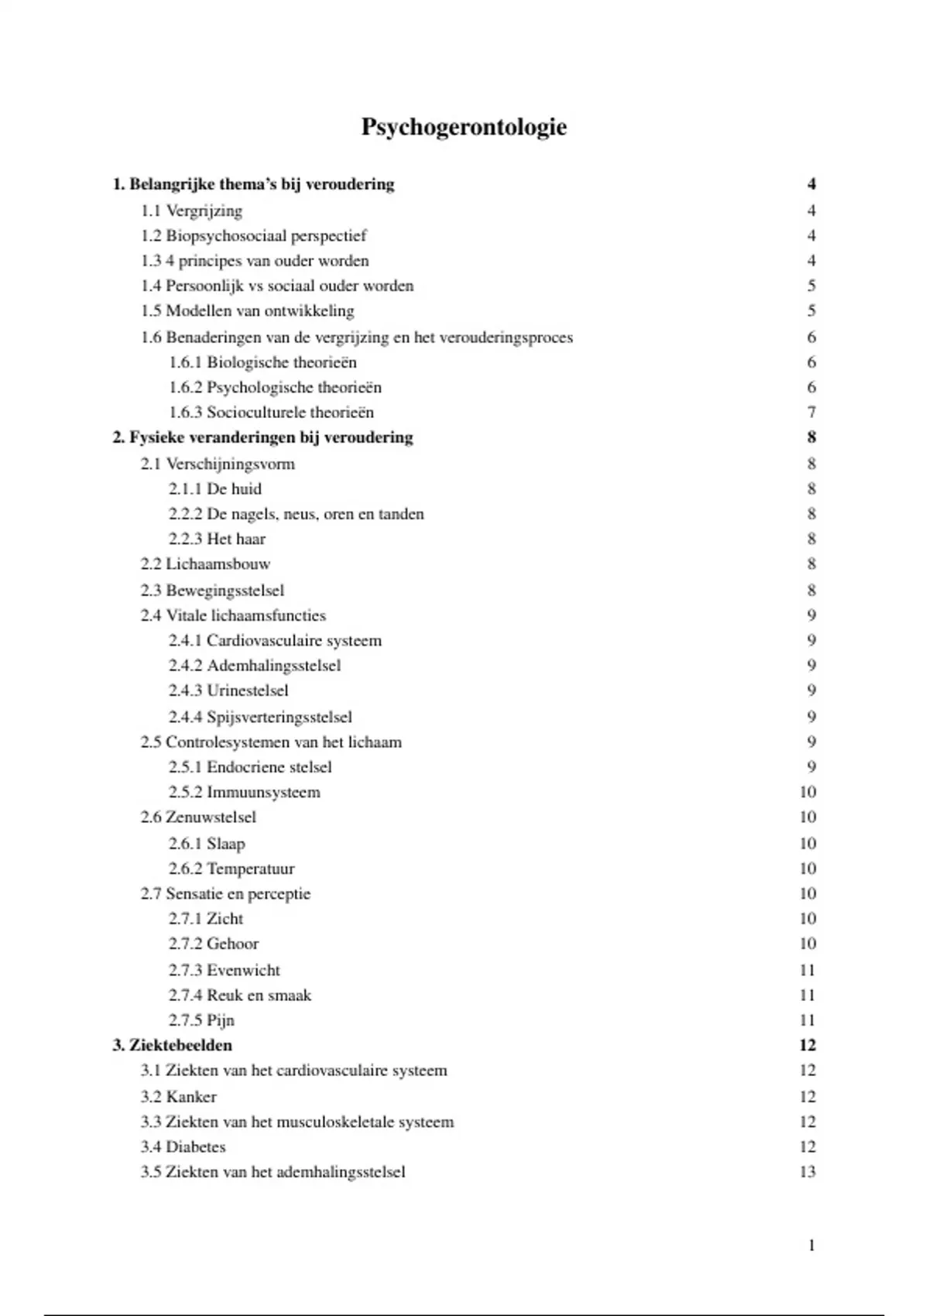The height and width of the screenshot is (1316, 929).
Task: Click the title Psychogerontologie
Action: coord(464,127)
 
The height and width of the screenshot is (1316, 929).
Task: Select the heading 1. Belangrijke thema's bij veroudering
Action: coord(253,184)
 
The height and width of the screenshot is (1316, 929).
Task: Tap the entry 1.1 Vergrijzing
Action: coord(191,211)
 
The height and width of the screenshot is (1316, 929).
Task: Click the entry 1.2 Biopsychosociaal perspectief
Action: coord(253,235)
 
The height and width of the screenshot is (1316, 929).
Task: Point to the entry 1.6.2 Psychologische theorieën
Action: coord(275,387)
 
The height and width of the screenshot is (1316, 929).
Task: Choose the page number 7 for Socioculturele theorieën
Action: coord(811,413)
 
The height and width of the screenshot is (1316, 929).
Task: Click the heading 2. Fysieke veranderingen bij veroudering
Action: coord(262,437)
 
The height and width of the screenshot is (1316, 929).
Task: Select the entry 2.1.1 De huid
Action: coord(215,488)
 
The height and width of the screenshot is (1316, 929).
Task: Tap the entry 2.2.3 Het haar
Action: coord(217,539)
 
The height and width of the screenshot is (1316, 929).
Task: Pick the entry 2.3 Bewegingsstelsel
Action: coord(212,590)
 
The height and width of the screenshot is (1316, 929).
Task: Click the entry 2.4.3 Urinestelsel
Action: coord(228,690)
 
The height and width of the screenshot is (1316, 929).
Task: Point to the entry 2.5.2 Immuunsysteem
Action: coord(244,792)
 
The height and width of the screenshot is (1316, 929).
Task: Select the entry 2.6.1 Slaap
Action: coord(207,843)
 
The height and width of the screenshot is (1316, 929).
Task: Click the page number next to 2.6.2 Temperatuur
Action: coord(807,869)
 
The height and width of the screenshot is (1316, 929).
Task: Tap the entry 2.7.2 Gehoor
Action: coord(214,944)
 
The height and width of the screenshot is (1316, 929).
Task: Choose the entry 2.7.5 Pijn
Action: coord(201,1020)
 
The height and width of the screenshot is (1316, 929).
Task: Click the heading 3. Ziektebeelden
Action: coord(172,1045)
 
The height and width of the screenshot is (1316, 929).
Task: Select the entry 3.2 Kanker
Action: coord(178,1096)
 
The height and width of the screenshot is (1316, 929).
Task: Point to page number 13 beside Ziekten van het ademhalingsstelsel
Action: coord(807,1172)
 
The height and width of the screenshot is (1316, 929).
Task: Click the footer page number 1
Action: coord(811,1246)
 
